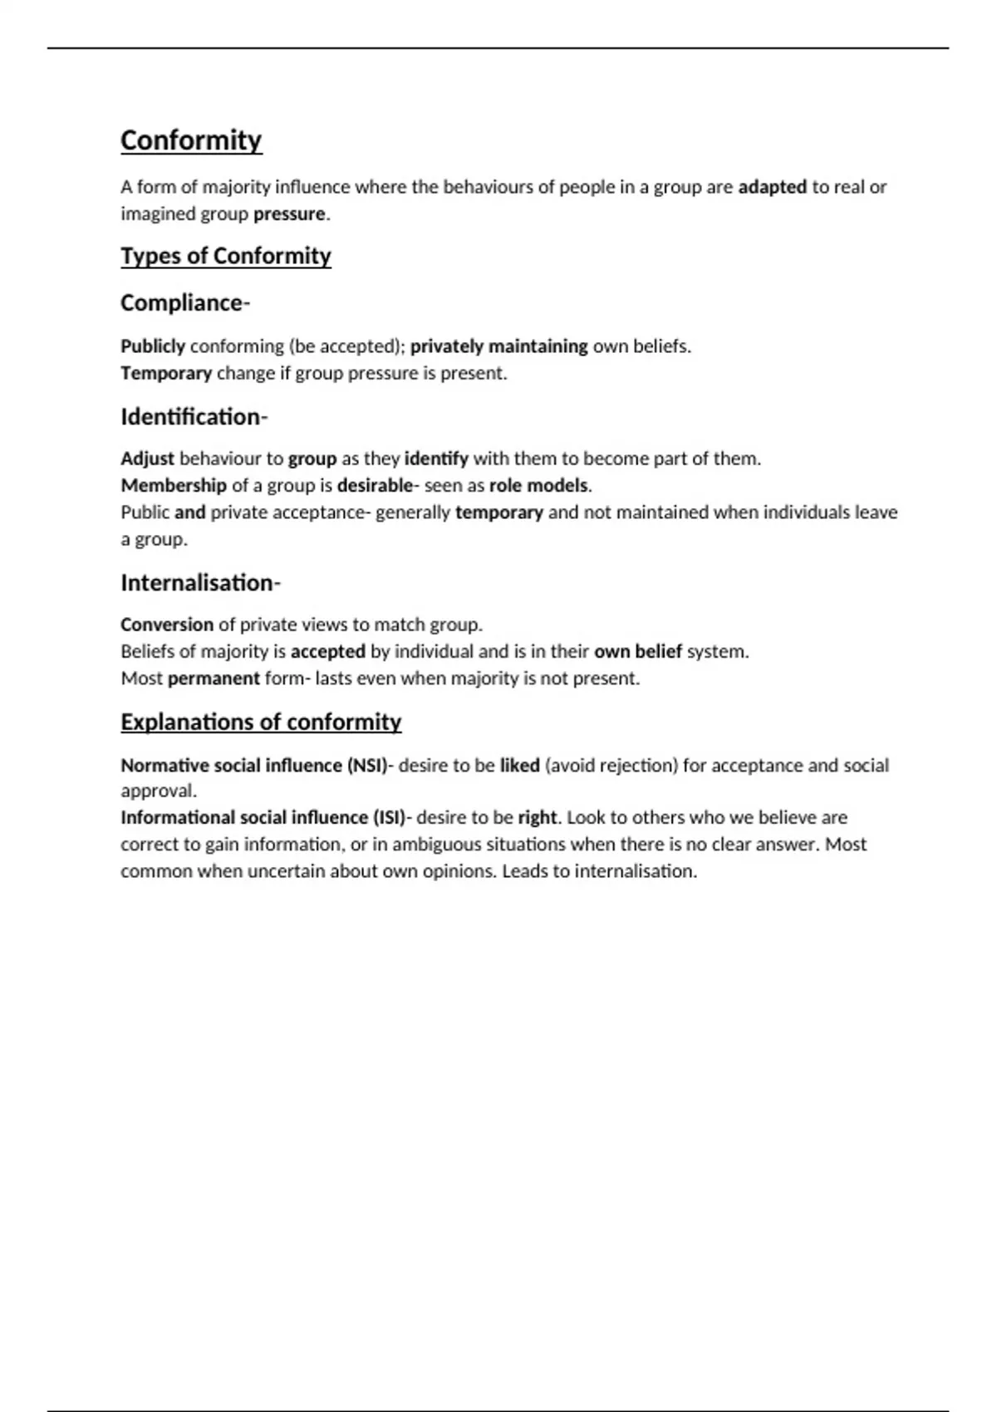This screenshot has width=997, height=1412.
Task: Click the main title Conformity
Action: click(191, 140)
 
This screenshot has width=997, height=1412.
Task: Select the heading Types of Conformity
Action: click(226, 256)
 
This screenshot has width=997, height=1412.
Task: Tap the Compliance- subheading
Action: click(184, 303)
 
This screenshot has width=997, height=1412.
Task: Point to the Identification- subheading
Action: click(194, 417)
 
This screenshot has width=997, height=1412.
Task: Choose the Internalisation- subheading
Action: click(200, 583)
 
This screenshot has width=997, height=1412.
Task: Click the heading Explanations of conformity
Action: click(261, 722)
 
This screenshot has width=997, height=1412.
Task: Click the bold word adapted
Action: click(772, 187)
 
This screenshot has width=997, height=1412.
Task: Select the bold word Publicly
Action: click(153, 346)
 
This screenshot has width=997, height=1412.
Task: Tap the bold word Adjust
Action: click(147, 458)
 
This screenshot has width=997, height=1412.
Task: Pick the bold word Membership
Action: click(174, 485)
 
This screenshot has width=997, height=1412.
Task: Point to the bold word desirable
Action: click(375, 485)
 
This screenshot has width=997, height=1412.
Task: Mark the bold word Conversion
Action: click(167, 625)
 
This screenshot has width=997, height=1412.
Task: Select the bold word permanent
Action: click(214, 679)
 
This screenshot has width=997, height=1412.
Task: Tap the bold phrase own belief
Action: click(638, 651)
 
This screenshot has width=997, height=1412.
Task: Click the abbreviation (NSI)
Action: click(366, 765)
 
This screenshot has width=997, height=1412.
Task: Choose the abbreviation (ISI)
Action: click(389, 817)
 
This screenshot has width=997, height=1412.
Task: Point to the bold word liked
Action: click(520, 765)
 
